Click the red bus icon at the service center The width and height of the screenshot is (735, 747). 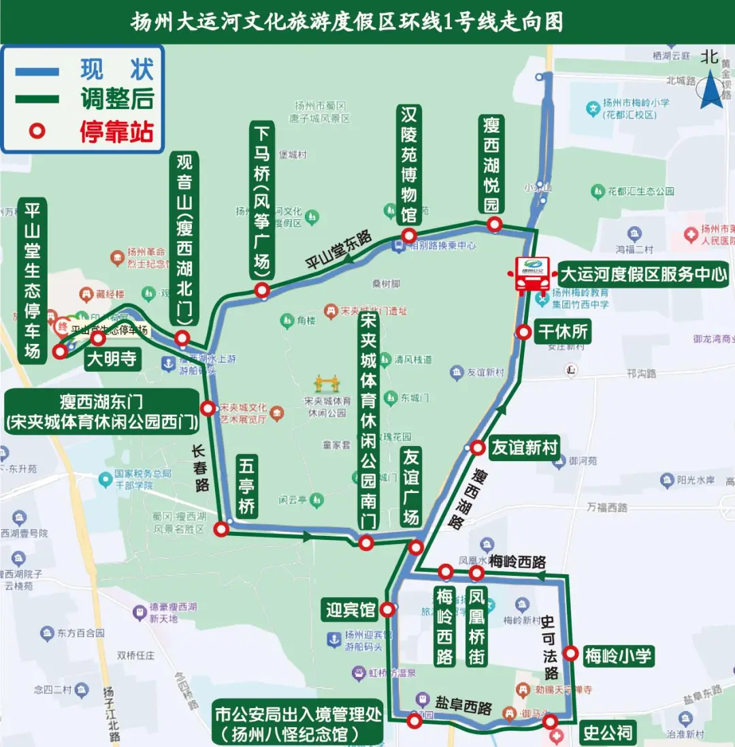click(x=532, y=274)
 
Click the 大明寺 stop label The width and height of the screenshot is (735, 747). click(x=112, y=360)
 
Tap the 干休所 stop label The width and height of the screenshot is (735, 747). click(x=563, y=332)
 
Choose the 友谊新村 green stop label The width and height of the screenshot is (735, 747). click(x=525, y=447)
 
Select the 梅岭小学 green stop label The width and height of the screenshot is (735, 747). click(x=619, y=656)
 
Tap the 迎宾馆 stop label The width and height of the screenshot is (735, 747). click(x=350, y=609)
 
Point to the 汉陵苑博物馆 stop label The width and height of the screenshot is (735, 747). click(x=408, y=164)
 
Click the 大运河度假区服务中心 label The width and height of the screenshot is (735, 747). click(x=643, y=275)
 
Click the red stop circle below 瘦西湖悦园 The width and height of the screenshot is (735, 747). click(x=494, y=225)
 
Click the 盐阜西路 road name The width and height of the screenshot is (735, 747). click(x=463, y=706)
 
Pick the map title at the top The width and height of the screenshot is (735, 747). click(x=347, y=22)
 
